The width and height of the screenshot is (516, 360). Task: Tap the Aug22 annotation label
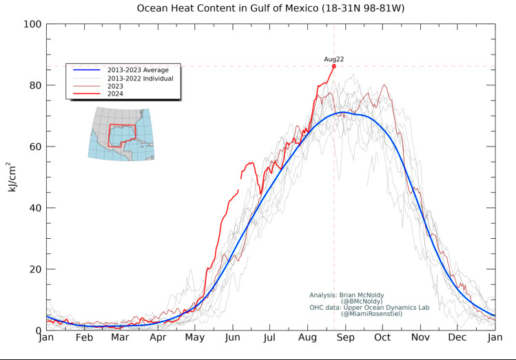334,59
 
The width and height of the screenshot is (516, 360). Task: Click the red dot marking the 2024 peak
334,66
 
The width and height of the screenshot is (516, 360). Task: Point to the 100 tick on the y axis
33,24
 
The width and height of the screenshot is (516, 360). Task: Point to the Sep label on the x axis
344,339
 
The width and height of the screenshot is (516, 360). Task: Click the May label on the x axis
195,339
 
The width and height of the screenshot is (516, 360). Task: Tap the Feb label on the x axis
83,339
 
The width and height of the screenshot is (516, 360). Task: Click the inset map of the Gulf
121,134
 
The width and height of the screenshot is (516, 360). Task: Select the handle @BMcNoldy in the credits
362,301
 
